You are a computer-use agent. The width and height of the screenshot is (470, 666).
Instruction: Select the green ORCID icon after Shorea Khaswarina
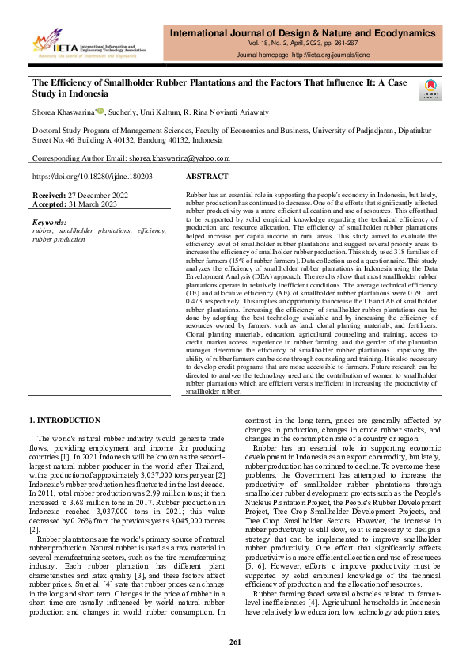pyautogui.click(x=100, y=112)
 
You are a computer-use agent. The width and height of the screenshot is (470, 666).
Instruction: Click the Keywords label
pyautogui.click(x=51, y=223)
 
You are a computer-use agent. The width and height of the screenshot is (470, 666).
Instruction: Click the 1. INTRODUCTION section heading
pyautogui.click(x=64, y=420)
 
